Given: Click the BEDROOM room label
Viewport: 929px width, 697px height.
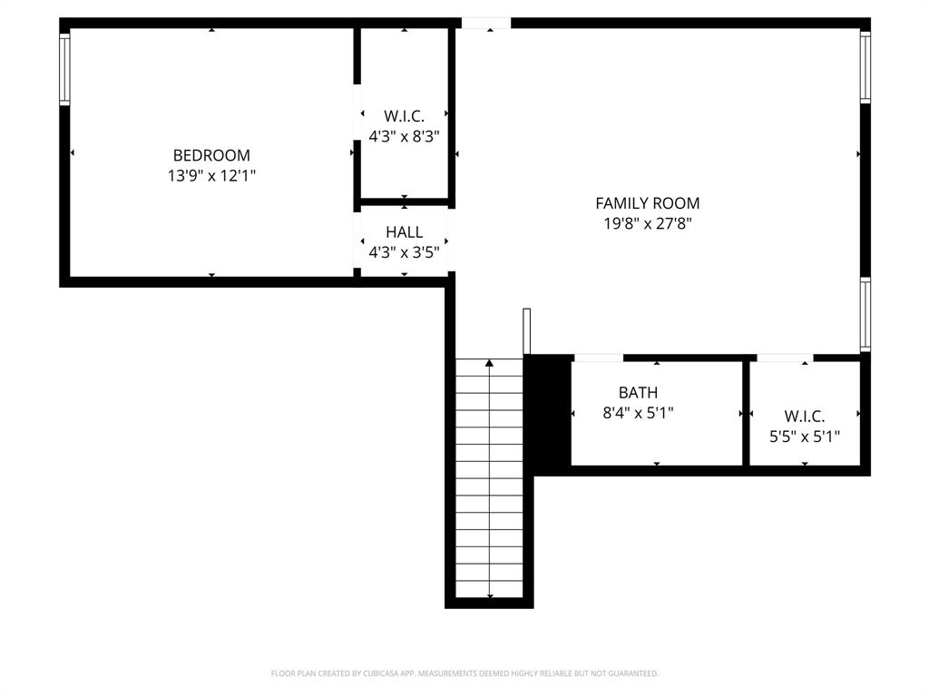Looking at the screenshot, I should [x=211, y=155].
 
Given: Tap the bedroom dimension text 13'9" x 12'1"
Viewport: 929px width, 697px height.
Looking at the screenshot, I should [x=211, y=176].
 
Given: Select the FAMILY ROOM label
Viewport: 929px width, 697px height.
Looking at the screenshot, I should [x=647, y=203].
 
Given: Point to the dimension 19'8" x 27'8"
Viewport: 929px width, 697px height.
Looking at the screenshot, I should [x=647, y=224].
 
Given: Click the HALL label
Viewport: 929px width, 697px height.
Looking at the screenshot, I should [x=404, y=232].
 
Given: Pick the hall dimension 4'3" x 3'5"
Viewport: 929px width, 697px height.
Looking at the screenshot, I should [x=404, y=253].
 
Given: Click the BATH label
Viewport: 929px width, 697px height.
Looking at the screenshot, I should [x=638, y=393].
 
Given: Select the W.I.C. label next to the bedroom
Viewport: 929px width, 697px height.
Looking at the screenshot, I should [x=404, y=116].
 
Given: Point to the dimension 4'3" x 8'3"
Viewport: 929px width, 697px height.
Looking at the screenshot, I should [x=404, y=137].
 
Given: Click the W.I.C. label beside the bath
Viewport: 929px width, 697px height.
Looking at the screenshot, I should [x=805, y=417].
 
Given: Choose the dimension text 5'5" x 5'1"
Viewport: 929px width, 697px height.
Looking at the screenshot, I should [x=805, y=437].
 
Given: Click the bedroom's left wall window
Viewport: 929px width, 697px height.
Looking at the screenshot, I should [x=64, y=68].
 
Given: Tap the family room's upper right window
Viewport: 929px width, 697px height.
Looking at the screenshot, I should [x=865, y=67].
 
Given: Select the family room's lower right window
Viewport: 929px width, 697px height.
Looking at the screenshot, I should [x=865, y=314].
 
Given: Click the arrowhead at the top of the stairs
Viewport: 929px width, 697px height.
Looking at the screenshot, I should [x=490, y=363].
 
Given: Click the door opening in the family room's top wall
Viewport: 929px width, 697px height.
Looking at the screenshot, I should [x=485, y=23].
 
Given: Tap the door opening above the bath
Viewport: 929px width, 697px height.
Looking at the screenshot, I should [x=598, y=358].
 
